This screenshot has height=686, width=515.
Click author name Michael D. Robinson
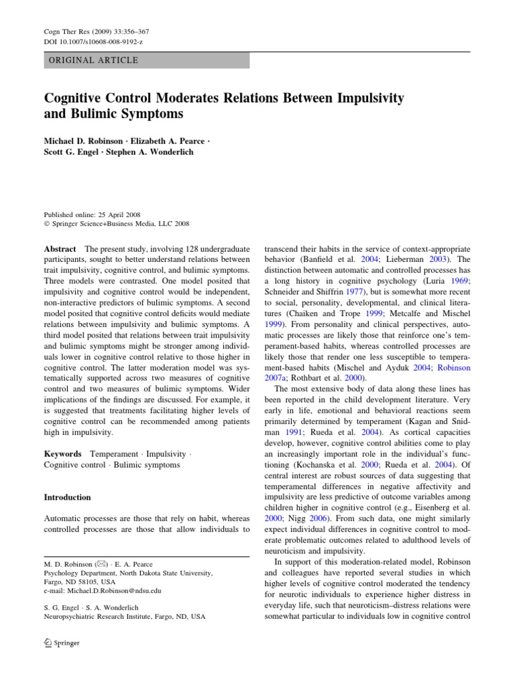tap(84, 143)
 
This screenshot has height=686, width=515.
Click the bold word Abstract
tap(59, 248)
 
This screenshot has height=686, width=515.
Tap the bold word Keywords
tap(62, 453)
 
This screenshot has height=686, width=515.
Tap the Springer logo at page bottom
tap(61, 643)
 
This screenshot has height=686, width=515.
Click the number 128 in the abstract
tap(174, 248)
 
